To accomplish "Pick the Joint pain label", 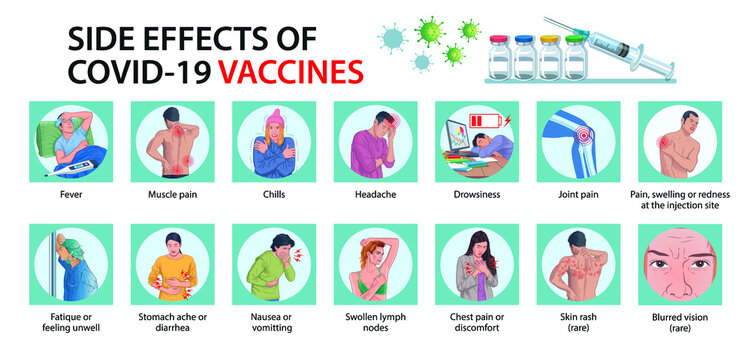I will tap(578, 195).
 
